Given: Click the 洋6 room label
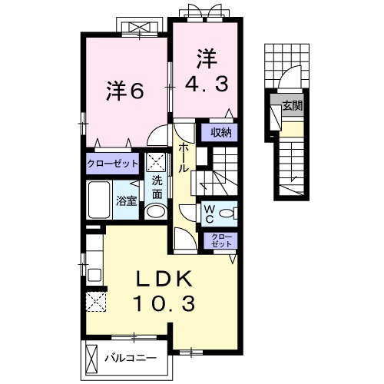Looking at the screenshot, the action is pyautogui.click(x=124, y=91).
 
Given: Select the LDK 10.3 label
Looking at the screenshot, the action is pyautogui.click(x=164, y=291).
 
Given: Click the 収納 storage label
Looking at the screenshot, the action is pyautogui.click(x=221, y=132).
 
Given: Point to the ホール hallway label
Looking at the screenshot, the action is pyautogui.click(x=184, y=157).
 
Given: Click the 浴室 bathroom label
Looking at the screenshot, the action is pyautogui.click(x=126, y=201).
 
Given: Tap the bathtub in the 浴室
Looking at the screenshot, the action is pyautogui.click(x=99, y=200).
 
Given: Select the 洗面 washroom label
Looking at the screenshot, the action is pyautogui.click(x=157, y=187).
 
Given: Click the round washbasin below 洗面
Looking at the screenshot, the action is pyautogui.click(x=156, y=212).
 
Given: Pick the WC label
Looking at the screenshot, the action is pyautogui.click(x=210, y=214).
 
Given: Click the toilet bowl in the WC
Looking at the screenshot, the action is pyautogui.click(x=227, y=213).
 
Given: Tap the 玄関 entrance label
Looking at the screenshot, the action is pyautogui.click(x=293, y=105).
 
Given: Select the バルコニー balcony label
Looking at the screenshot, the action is pyautogui.click(x=131, y=358).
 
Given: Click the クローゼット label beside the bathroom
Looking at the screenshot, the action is pyautogui.click(x=112, y=164).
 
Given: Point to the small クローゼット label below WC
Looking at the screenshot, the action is pyautogui.click(x=222, y=240).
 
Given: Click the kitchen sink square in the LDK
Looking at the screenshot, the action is pyautogui.click(x=94, y=275).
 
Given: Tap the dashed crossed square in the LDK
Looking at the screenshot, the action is pyautogui.click(x=96, y=302).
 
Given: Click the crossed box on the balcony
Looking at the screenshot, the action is pyautogui.click(x=92, y=357).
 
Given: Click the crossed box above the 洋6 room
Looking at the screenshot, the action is pyautogui.click(x=139, y=28).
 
